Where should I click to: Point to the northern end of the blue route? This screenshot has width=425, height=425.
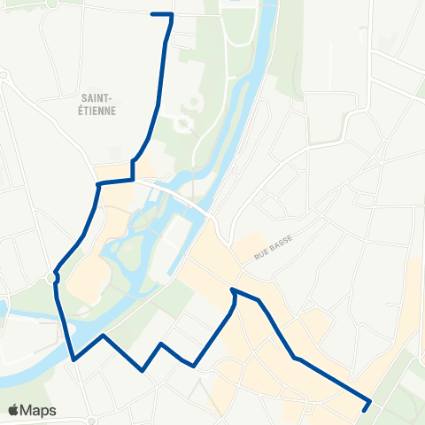(x=153, y=14)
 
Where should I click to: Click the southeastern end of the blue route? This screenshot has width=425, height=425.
(x=366, y=409)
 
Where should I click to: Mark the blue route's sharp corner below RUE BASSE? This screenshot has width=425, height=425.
(x=232, y=290)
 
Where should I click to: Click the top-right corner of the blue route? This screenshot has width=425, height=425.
(x=171, y=15)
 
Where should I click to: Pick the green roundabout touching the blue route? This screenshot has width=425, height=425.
(x=54, y=277)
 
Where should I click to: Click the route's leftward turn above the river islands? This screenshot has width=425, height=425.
(x=97, y=183)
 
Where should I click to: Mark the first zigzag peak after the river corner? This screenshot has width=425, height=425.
(x=104, y=336)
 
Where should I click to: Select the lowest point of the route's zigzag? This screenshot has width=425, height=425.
(x=142, y=370)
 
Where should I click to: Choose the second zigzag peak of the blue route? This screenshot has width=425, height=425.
(x=161, y=343)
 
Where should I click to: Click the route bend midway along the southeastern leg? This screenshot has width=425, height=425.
(x=294, y=358)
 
